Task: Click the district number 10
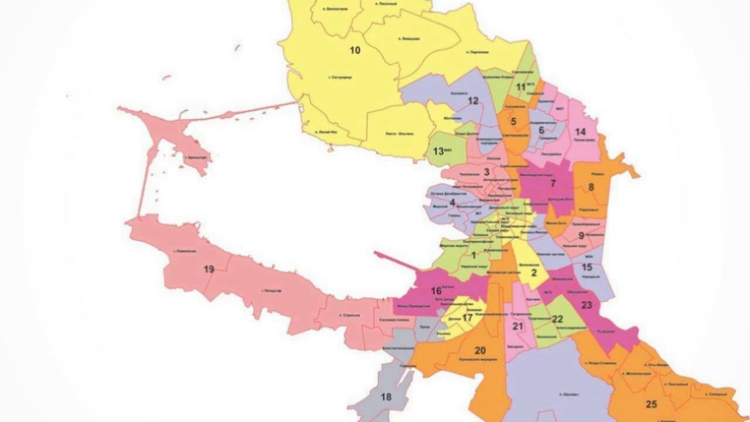(x=354, y=50)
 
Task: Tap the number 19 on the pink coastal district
(x=209, y=270)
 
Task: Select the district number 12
(x=473, y=101)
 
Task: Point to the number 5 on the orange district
(x=513, y=122)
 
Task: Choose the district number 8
(x=591, y=188)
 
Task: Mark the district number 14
(x=580, y=131)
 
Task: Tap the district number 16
(x=436, y=291)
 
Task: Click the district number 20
(x=480, y=350)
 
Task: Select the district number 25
(x=651, y=404)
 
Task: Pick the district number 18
(x=386, y=397)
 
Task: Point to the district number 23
(x=587, y=305)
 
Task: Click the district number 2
(x=534, y=272)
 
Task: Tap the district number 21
(x=517, y=326)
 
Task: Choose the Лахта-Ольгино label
(x=399, y=134)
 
